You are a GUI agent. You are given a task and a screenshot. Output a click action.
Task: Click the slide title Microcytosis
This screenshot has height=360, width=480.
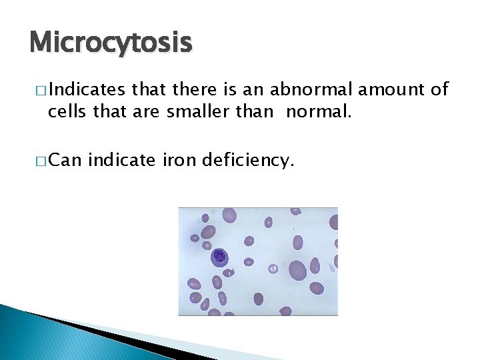click(x=111, y=43)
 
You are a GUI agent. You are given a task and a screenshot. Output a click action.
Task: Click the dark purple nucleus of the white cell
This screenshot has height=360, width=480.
click(x=219, y=257)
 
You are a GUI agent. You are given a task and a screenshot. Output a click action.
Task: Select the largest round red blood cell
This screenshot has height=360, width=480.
click(x=297, y=270)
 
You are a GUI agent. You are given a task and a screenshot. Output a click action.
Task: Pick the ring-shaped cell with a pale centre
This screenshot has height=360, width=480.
click(x=273, y=269)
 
